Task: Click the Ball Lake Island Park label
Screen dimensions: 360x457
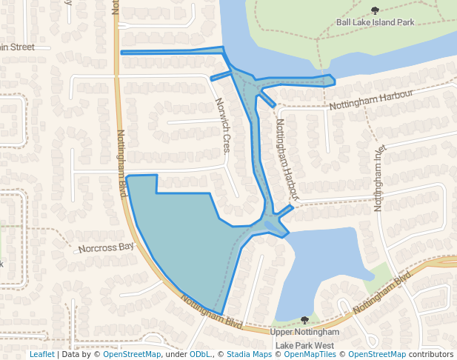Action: click(x=375, y=22)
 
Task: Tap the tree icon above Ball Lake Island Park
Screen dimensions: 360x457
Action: click(x=375, y=10)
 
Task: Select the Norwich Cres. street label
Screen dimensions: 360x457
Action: click(x=221, y=125)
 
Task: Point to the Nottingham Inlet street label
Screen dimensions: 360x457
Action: click(x=381, y=177)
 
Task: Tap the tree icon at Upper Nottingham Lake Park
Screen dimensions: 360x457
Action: click(x=304, y=320)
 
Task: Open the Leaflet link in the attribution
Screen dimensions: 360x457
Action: click(x=41, y=355)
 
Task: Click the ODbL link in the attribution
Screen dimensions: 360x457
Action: click(x=199, y=355)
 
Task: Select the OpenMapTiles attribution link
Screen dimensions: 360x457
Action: click(x=310, y=355)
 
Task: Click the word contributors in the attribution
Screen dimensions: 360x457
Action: click(x=431, y=355)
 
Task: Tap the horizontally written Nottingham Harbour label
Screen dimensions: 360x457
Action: click(x=369, y=101)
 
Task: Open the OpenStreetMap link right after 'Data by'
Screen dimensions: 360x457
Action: click(x=132, y=355)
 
